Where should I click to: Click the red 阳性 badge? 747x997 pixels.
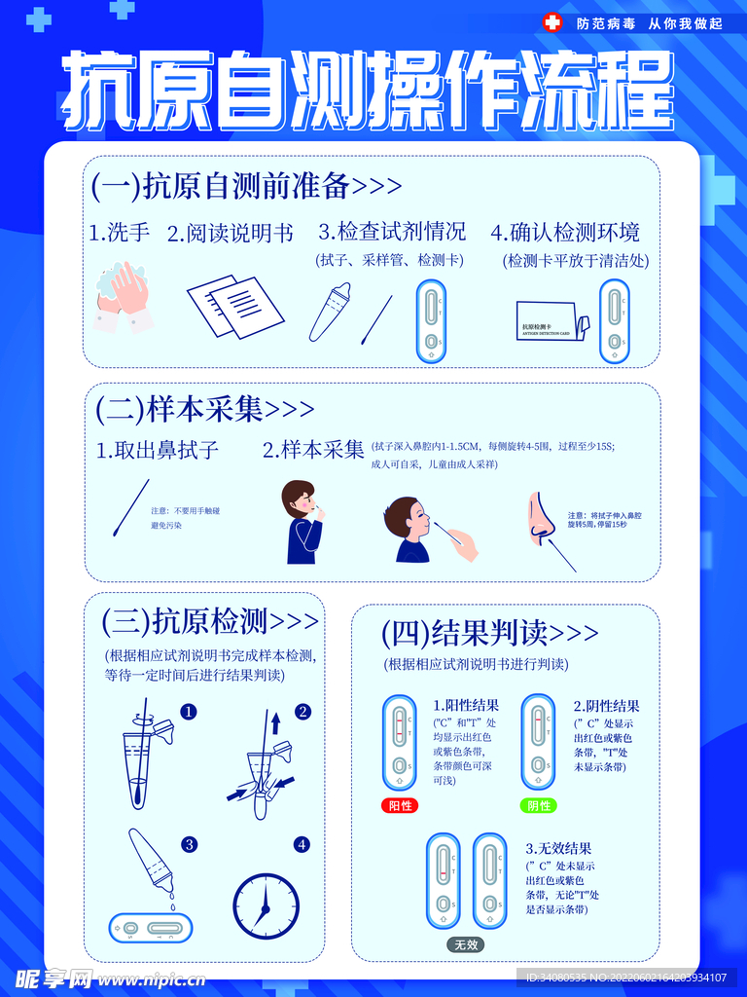point(400,806)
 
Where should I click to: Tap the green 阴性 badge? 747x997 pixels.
point(539,806)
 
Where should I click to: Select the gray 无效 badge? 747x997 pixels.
point(466,944)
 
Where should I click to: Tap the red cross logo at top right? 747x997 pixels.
point(552,22)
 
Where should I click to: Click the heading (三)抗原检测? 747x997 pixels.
point(210,620)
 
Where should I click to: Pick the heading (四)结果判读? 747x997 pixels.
point(489,634)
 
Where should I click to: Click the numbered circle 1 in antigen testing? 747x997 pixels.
point(189,712)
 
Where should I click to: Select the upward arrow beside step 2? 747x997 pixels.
point(275,723)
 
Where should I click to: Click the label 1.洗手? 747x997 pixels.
point(120,233)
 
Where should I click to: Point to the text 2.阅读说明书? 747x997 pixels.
point(230,234)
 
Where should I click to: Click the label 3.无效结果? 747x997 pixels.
point(558,848)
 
